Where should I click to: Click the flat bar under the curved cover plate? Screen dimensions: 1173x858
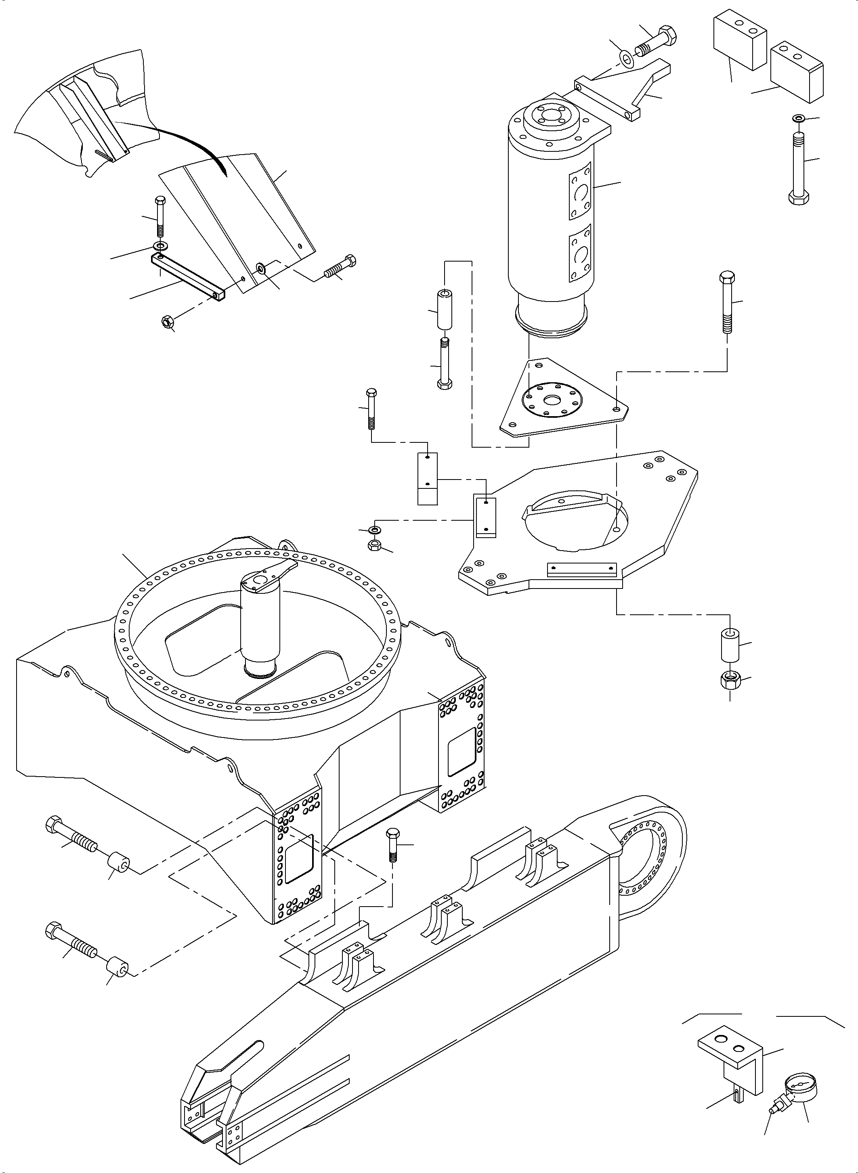[187, 276]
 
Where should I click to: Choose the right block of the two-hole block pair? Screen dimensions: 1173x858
[797, 73]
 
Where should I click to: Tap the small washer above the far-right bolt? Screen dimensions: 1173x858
[797, 119]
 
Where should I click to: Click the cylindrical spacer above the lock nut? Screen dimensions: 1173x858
[730, 645]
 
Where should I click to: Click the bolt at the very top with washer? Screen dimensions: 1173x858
[658, 42]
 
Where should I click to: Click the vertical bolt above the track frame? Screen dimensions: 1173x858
[392, 845]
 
